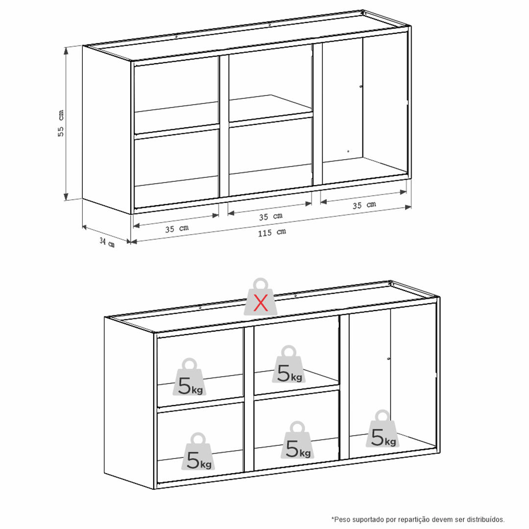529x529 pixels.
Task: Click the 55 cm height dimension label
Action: click(x=61, y=123)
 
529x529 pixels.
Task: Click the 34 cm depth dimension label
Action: click(x=107, y=242)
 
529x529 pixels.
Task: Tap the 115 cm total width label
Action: click(x=272, y=233)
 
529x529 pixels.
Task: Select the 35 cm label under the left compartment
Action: click(x=177, y=229)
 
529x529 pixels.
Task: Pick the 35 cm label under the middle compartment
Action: click(x=270, y=216)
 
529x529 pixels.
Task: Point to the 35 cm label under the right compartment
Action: click(x=364, y=205)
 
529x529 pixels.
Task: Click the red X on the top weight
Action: click(x=261, y=302)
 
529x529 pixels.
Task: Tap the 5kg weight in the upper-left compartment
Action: click(x=190, y=377)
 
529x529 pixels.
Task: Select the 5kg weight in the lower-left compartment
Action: click(x=198, y=452)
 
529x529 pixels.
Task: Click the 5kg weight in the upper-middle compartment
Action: click(x=289, y=364)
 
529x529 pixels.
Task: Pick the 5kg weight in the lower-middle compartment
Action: click(x=297, y=439)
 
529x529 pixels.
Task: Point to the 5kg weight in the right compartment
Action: click(x=383, y=429)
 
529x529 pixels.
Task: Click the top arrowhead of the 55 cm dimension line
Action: click(x=66, y=50)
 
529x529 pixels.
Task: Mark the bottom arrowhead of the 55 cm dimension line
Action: click(x=66, y=197)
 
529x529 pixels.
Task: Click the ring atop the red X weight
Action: click(x=261, y=284)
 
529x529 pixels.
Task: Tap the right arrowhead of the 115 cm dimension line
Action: click(x=408, y=207)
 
